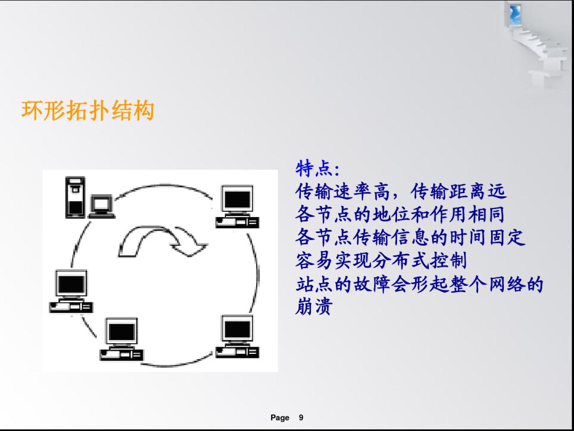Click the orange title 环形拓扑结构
tap(88, 111)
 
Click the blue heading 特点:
tap(317, 169)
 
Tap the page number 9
tap(301, 417)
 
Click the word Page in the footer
tap(280, 418)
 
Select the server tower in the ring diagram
tap(75, 197)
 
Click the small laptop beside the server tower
tap(102, 206)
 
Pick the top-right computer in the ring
tap(238, 206)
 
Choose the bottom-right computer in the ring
tap(238, 336)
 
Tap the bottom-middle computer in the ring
tap(122, 339)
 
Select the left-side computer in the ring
tap(71, 291)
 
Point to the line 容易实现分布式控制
tap(381, 261)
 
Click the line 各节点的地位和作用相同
tap(400, 214)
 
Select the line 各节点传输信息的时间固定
tap(410, 237)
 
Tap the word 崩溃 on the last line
tap(314, 306)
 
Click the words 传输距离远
tap(458, 191)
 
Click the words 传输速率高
tap(342, 191)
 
